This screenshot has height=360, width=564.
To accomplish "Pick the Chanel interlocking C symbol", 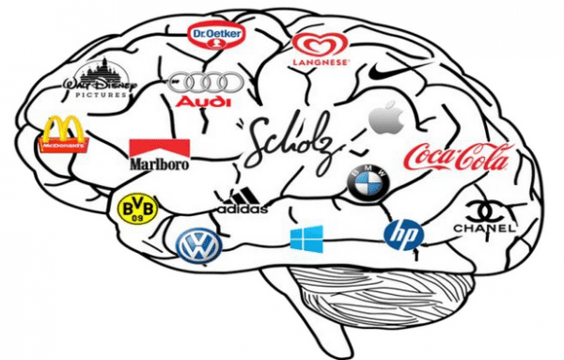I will [x=485, y=209].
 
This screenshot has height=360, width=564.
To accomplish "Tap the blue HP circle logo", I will [x=403, y=234].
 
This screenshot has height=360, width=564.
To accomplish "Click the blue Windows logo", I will [x=305, y=239].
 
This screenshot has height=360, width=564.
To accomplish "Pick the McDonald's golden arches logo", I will [x=60, y=133].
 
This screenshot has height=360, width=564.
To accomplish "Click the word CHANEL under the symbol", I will [x=485, y=228].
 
